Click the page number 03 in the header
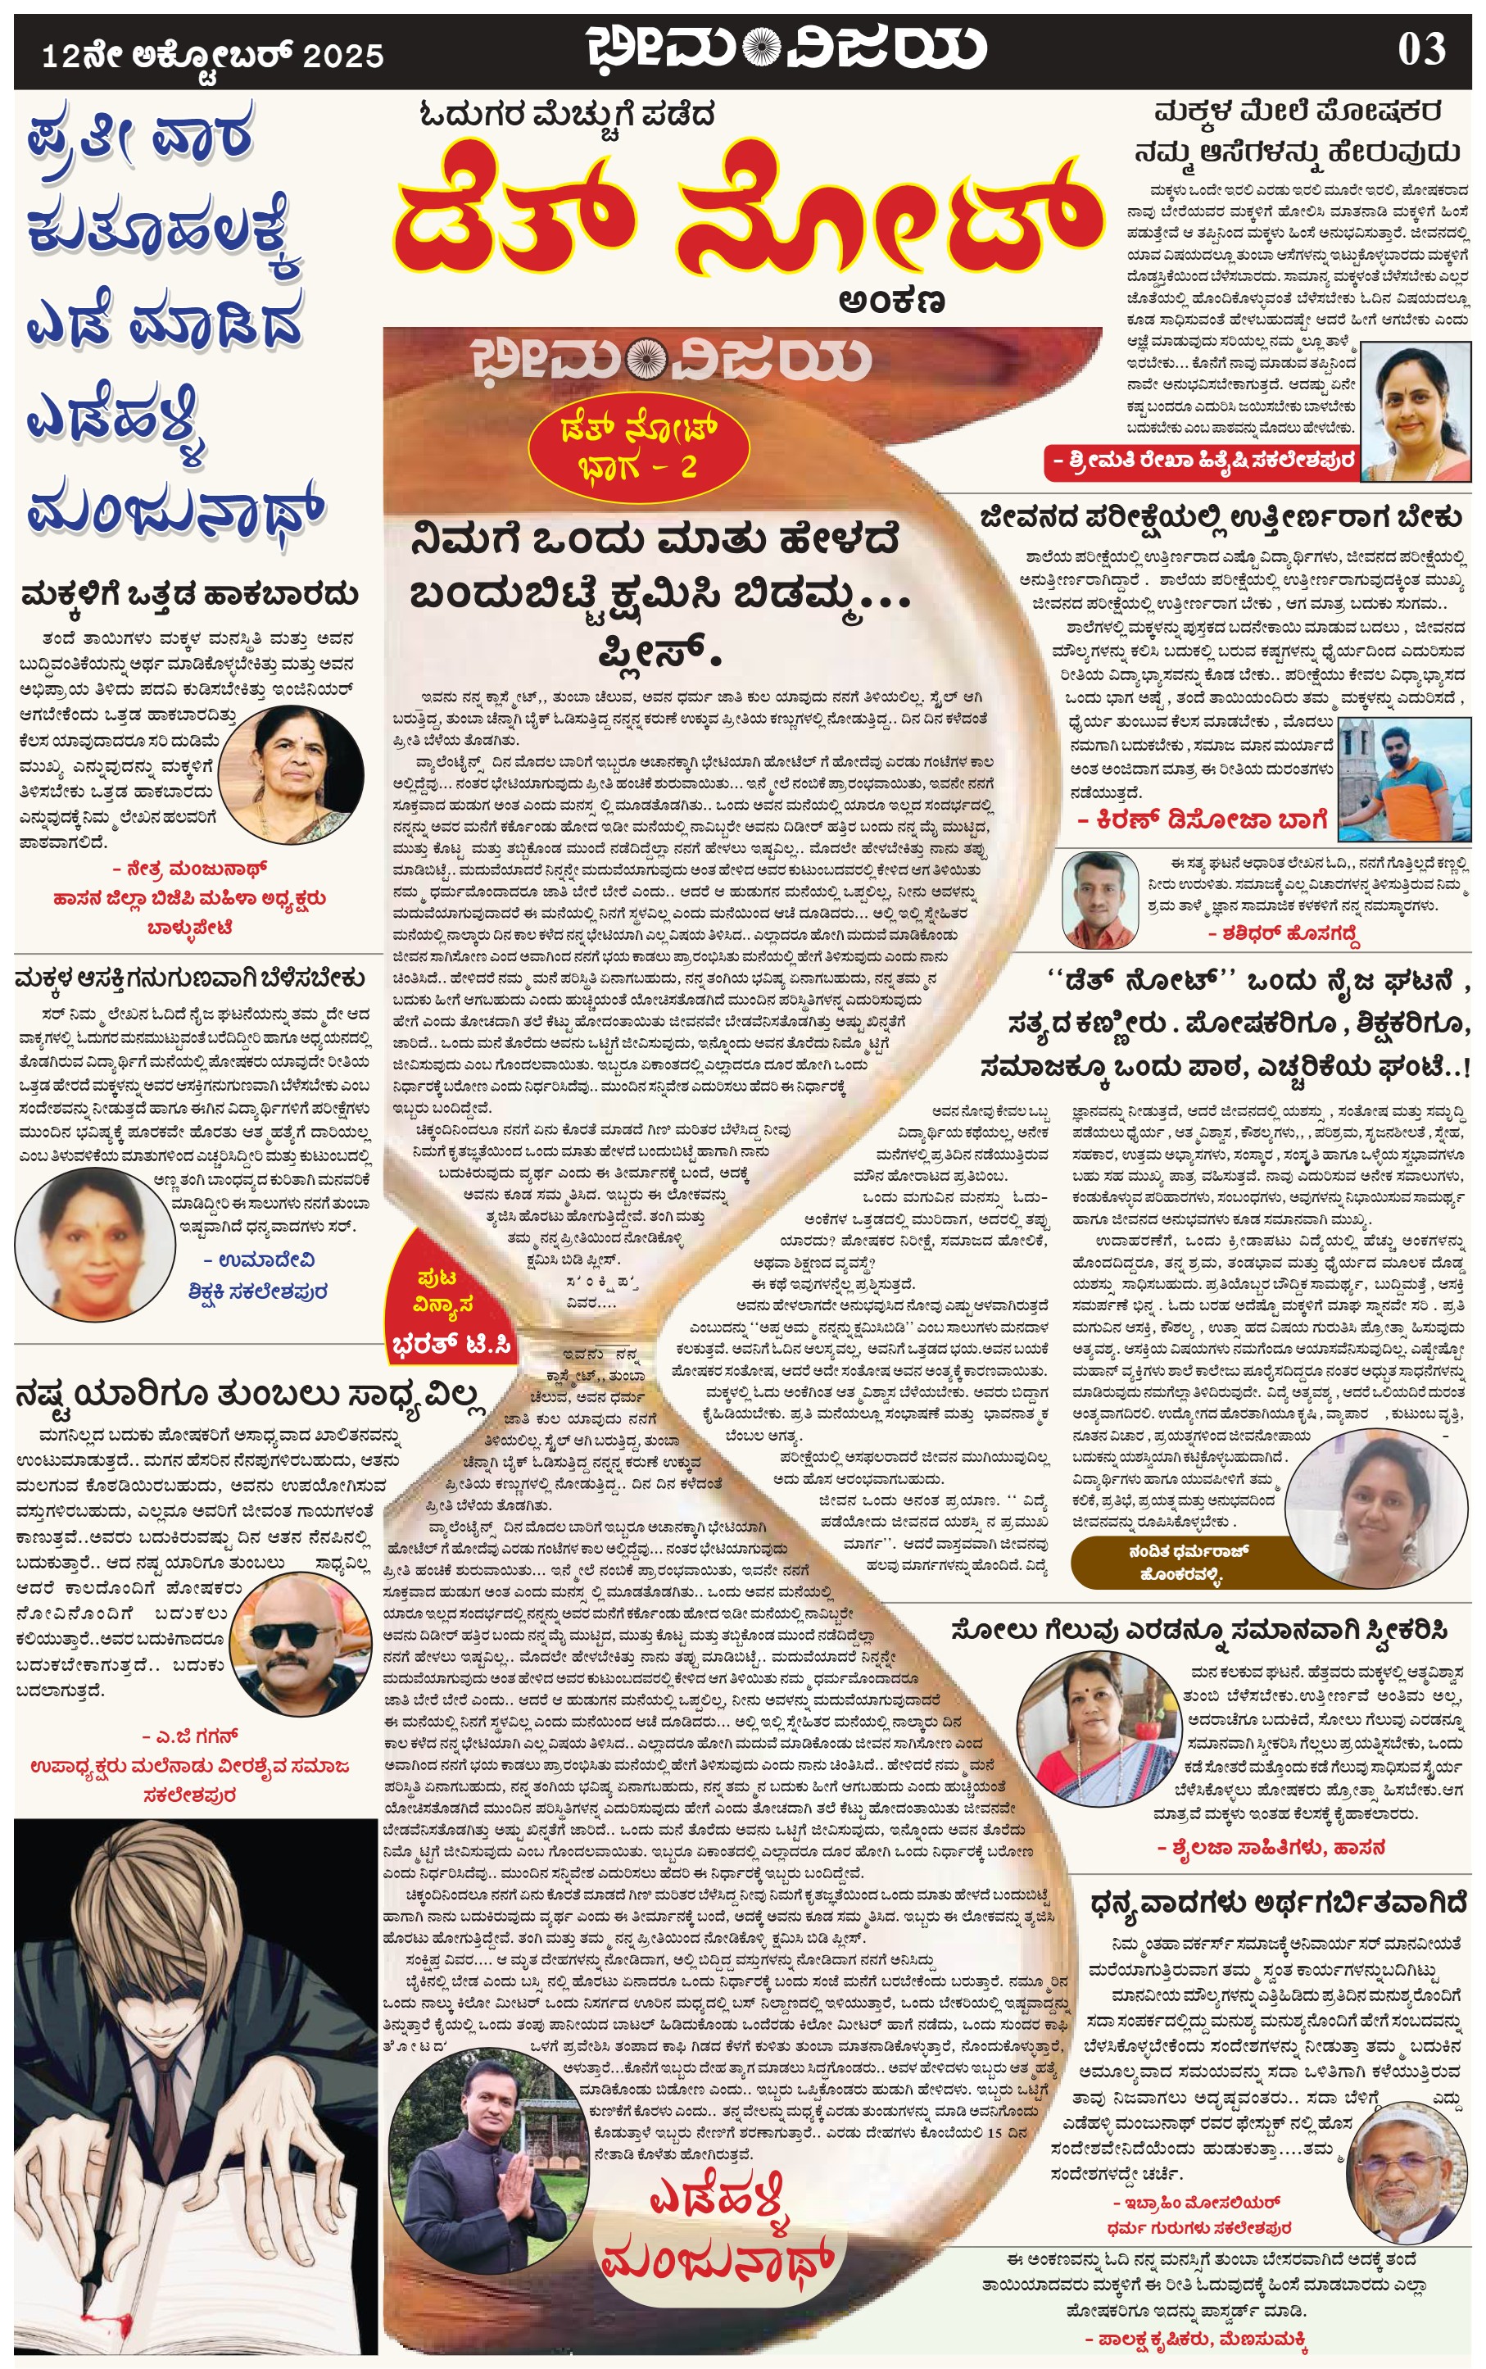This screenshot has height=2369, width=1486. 1421,50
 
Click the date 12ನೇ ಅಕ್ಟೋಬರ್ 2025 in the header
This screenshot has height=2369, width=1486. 212,55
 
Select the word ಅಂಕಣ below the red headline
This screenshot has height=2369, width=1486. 891,301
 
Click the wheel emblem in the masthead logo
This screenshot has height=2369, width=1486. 762,48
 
